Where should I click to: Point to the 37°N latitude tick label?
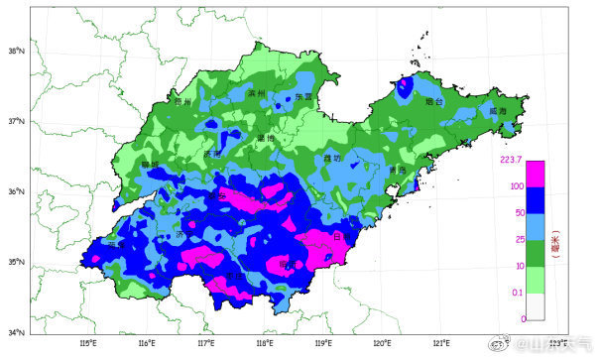[16, 121]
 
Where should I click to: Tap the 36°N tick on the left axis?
[16, 192]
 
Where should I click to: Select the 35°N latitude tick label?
[16, 263]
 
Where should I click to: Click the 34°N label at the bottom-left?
[16, 333]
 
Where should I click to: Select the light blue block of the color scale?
[535, 226]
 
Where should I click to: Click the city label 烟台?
[431, 101]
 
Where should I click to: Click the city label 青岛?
[397, 170]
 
